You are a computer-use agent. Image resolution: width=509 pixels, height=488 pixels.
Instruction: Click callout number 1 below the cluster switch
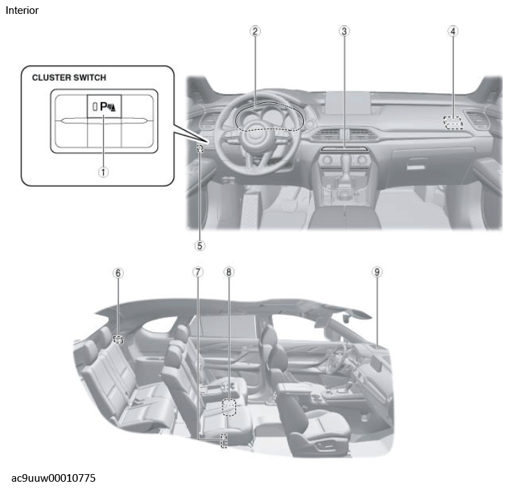click(103, 172)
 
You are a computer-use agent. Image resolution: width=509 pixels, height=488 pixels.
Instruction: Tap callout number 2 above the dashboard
click(255, 31)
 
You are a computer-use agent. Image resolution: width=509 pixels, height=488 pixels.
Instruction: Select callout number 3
click(344, 31)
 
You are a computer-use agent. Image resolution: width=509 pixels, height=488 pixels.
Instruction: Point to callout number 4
click(453, 31)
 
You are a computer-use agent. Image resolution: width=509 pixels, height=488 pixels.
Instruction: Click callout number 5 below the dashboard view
click(200, 245)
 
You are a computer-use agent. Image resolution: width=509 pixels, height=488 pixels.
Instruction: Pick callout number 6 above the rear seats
click(118, 273)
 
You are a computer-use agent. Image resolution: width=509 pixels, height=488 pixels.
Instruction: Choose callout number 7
click(197, 272)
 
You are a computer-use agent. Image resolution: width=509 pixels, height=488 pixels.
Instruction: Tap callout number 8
click(229, 272)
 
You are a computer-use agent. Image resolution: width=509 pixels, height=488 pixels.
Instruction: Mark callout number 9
click(377, 272)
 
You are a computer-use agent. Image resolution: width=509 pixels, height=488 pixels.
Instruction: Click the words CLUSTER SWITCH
click(69, 78)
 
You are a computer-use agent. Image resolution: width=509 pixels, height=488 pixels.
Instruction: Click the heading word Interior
click(22, 10)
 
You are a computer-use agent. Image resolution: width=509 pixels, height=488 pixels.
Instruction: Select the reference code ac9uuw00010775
click(54, 478)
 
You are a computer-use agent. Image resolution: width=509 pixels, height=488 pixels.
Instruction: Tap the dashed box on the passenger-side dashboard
click(453, 122)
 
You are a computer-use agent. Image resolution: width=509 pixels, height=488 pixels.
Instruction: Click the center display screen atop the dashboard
click(348, 102)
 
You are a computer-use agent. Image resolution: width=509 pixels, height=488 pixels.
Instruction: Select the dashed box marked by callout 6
click(118, 339)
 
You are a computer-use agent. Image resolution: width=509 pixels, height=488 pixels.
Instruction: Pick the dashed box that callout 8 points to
click(229, 407)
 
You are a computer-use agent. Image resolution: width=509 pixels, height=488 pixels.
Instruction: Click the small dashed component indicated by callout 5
click(200, 149)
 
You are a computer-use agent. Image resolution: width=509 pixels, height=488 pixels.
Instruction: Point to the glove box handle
click(417, 164)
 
